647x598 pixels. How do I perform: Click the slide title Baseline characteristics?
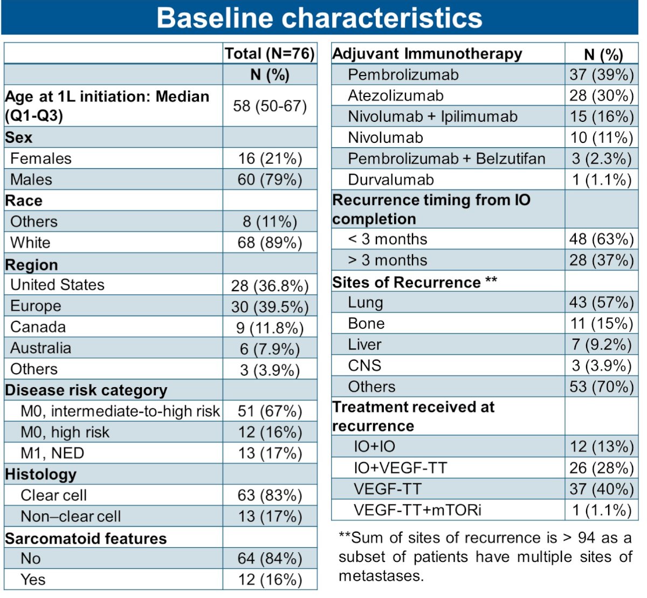tap(319, 18)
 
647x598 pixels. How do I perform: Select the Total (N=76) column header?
tap(270, 53)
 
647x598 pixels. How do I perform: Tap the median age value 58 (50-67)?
tap(270, 106)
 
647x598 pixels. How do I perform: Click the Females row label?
tap(41, 159)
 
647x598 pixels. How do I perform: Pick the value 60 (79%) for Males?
tap(270, 180)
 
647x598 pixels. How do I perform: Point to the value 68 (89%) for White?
tap(270, 243)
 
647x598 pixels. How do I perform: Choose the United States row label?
tap(57, 285)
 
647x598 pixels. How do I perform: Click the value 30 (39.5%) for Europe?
tap(270, 307)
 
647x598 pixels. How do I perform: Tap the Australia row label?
tap(41, 348)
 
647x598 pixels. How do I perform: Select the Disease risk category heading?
tap(86, 390)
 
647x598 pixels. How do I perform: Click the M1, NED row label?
tap(52, 453)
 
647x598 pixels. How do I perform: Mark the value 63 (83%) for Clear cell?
tap(270, 495)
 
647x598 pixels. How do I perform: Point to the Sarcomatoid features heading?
tap(86, 538)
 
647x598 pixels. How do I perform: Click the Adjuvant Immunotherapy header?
tap(427, 54)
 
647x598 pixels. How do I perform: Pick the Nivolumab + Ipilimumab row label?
tap(432, 116)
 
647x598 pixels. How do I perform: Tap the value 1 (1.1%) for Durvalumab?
tap(602, 180)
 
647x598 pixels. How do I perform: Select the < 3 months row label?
tap(387, 239)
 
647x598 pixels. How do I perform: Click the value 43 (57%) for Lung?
tap(602, 302)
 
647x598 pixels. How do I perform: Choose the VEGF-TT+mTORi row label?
tap(417, 510)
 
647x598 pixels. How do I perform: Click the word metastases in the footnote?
tap(381, 576)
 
